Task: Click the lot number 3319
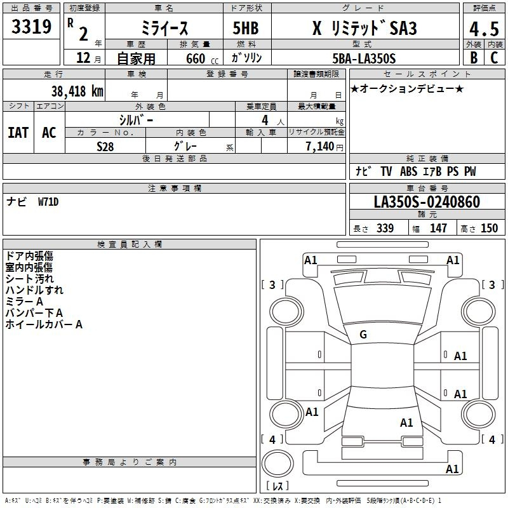coord(31,27)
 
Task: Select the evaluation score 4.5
coord(484,29)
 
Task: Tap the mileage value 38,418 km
coord(77,91)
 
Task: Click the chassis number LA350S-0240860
coord(427,201)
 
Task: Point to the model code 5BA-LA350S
coord(364,58)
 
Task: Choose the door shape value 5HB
coord(246,28)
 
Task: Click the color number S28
coord(105,147)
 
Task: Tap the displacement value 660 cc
coord(202,58)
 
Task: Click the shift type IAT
coord(18,133)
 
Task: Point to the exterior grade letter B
coord(474,58)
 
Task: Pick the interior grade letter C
coord(494,58)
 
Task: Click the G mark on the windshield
coord(363,335)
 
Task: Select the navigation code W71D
coord(48,202)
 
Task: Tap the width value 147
coord(438,228)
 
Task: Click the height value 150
coord(489,228)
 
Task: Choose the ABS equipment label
coord(408,171)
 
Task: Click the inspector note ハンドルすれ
coord(34,290)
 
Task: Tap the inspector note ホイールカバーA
coord(44,324)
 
